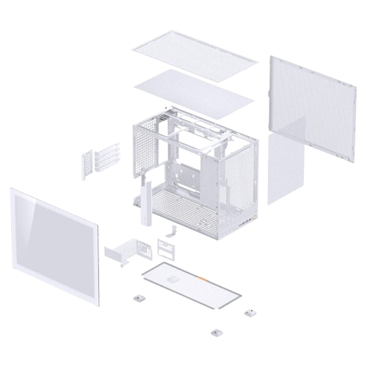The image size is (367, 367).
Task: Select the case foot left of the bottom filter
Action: click(x=137, y=299)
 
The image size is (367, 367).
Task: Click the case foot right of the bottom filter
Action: click(x=250, y=311)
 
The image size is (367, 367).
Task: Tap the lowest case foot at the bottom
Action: click(x=214, y=332)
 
